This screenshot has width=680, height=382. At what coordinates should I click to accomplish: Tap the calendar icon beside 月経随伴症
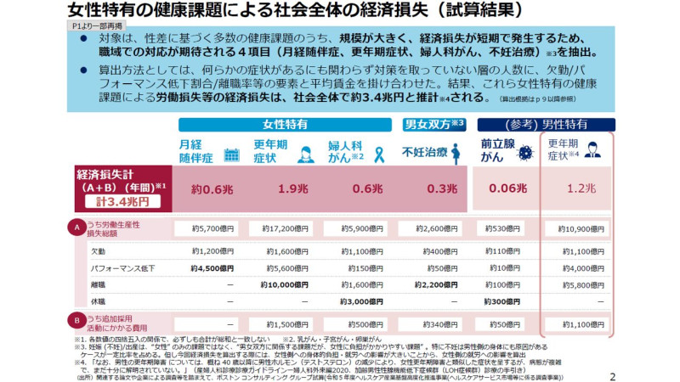coord(229,154)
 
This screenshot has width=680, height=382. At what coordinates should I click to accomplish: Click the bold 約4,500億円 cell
coord(212,267)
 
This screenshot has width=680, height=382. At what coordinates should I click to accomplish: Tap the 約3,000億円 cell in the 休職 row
coord(361,301)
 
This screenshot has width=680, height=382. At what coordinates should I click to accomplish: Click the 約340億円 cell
coord(437,323)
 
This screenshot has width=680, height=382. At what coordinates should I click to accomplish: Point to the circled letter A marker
coord(77,228)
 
